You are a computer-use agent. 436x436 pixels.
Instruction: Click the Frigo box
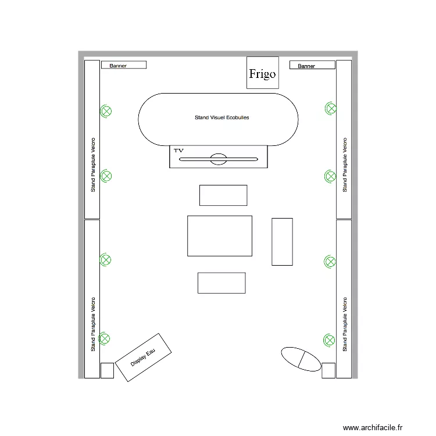(x=262, y=73)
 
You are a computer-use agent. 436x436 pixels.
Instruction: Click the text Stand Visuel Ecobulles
(x=222, y=118)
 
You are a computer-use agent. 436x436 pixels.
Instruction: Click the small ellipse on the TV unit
(x=219, y=159)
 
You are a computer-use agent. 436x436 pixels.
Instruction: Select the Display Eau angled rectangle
(x=144, y=358)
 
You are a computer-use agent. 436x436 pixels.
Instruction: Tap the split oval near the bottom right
(x=301, y=359)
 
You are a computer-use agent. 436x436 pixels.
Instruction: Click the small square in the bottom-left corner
(x=107, y=370)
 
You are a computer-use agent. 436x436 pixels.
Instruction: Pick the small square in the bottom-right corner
(x=328, y=370)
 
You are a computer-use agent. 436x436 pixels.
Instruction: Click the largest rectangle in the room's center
(x=220, y=235)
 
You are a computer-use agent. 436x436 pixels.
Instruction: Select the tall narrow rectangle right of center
(x=282, y=241)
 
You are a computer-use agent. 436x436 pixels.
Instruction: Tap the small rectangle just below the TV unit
(x=223, y=195)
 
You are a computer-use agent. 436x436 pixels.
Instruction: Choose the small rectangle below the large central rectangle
(x=221, y=283)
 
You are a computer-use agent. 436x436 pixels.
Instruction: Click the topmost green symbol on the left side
(x=106, y=110)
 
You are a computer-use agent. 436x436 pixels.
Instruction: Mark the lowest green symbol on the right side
(x=330, y=339)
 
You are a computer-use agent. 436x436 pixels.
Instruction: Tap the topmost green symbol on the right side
(x=330, y=108)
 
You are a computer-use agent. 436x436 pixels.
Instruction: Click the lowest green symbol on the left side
(x=106, y=337)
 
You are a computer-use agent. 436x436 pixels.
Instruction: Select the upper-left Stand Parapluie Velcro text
(x=93, y=165)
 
